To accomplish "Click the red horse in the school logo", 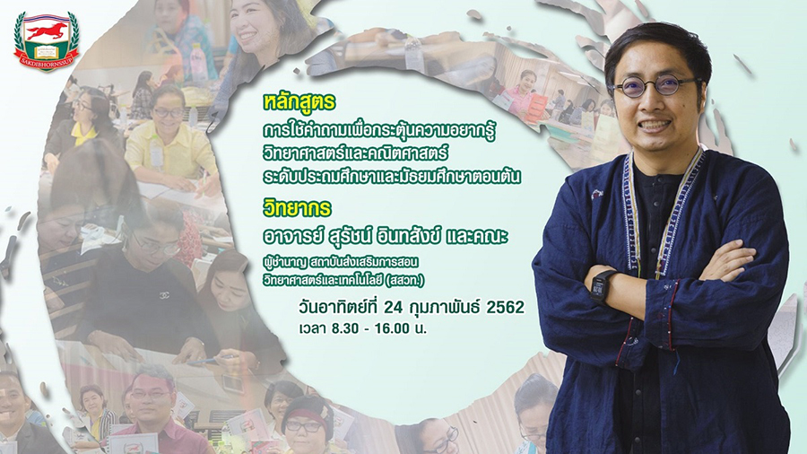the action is pos(47,31).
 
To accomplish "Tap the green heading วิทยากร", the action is pos(297,208).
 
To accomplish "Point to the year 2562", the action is pos(506,307).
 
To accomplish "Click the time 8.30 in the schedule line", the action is pos(345,328).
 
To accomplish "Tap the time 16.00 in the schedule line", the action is pos(391,328).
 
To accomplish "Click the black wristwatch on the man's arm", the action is pos(600,285).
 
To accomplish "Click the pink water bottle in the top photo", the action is pos(199,62).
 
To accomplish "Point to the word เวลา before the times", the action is pos(312,328).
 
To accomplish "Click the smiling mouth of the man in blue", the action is pos(655,125).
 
